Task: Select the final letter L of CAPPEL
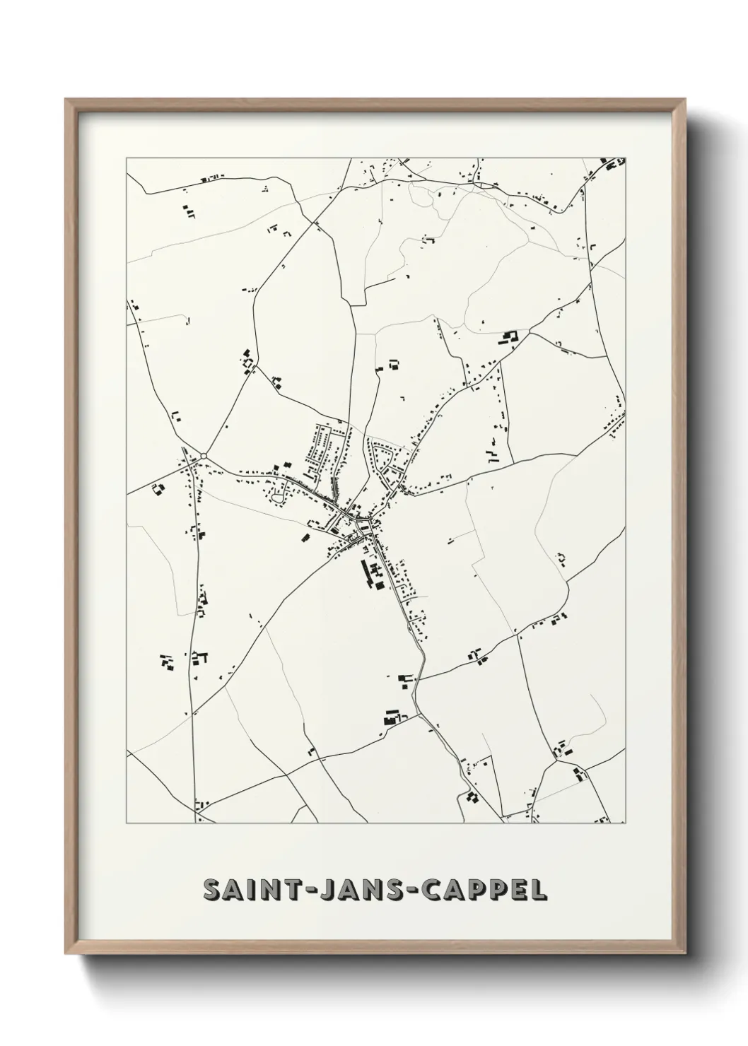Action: click(x=539, y=891)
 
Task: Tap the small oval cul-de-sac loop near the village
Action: click(x=279, y=499)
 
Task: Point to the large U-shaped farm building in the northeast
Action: click(x=510, y=339)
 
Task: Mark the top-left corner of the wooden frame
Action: click(x=66, y=100)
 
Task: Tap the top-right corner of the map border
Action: click(x=626, y=156)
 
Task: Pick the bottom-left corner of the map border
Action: click(x=127, y=823)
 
